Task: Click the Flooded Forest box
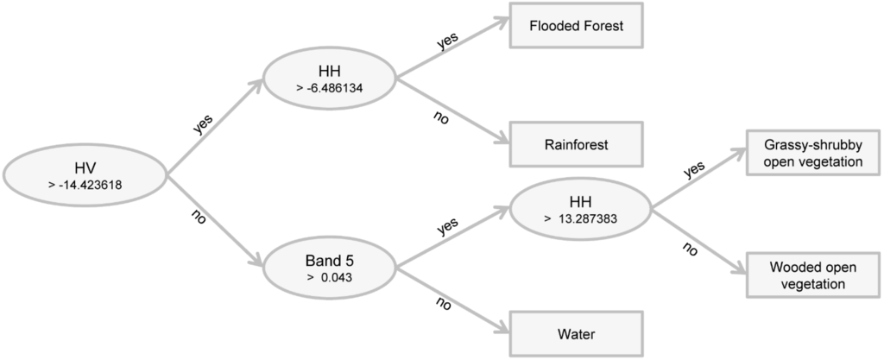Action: point(577,27)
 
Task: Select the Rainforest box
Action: point(577,144)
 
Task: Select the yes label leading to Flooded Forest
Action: point(446,42)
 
